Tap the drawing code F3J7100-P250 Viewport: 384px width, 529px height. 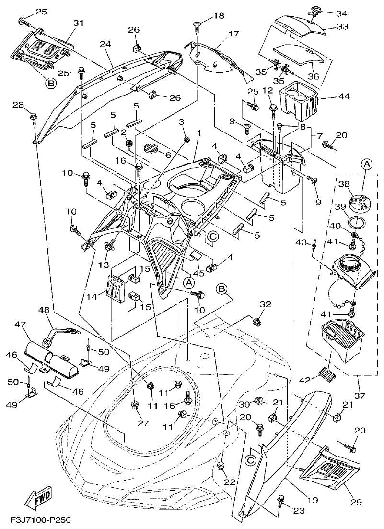click(38, 520)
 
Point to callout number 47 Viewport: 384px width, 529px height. click(20, 325)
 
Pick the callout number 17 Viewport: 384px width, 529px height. click(233, 34)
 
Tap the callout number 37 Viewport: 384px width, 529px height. click(359, 395)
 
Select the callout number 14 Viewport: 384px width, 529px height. click(102, 297)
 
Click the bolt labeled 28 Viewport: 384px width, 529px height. click(34, 117)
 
